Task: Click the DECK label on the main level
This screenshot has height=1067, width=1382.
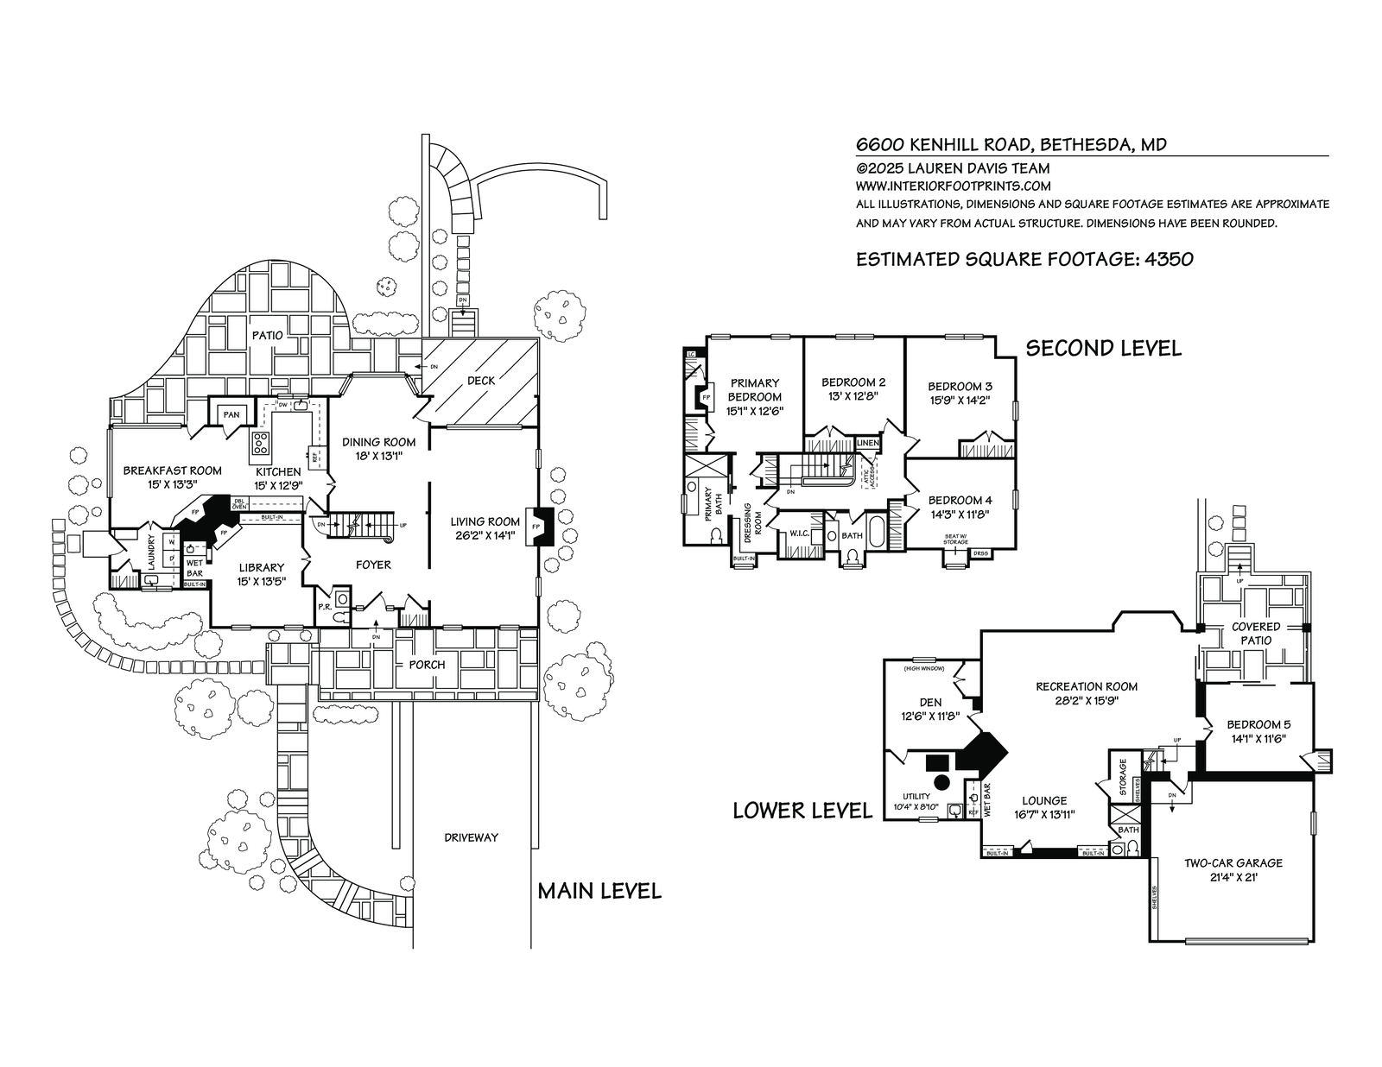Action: click(x=481, y=380)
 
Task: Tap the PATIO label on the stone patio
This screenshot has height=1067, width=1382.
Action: click(x=268, y=334)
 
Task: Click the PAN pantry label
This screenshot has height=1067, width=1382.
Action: click(x=231, y=415)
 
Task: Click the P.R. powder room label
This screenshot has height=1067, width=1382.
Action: click(x=326, y=607)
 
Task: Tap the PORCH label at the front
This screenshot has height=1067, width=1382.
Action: click(x=428, y=665)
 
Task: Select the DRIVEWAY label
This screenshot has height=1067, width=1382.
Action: click(x=471, y=837)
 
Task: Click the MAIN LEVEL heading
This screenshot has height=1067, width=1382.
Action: click(x=599, y=891)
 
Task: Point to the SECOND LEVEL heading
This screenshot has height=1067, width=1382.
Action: click(x=1103, y=348)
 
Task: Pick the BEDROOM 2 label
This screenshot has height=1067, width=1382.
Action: click(x=853, y=382)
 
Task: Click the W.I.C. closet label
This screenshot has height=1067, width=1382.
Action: click(x=799, y=533)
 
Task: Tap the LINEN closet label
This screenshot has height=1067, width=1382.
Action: click(x=867, y=443)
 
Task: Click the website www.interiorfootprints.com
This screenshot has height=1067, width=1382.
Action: click(x=953, y=186)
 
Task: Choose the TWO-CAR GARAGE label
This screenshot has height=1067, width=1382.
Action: click(x=1233, y=862)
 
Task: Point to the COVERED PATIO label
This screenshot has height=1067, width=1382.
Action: click(x=1256, y=634)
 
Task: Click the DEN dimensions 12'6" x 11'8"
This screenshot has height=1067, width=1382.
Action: click(x=930, y=717)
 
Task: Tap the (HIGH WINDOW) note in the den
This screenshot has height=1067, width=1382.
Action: click(x=923, y=668)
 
